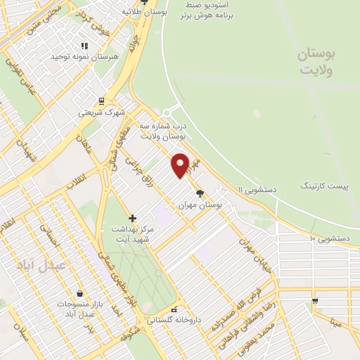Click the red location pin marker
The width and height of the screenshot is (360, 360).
click(181, 165)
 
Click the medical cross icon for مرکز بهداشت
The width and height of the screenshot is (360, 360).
click(132, 218)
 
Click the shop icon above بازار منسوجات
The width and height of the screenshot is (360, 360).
click(80, 293)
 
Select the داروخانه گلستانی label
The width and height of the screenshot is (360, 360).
click(174, 319)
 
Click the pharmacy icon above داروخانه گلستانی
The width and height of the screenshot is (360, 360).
click(174, 309)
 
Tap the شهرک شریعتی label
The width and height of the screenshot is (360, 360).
click(101, 112)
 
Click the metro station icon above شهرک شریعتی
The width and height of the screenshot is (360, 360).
click(101, 101)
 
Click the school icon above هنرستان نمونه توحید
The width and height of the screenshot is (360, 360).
click(84, 46)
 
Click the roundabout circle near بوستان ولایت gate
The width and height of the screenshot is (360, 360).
click(168, 112)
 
